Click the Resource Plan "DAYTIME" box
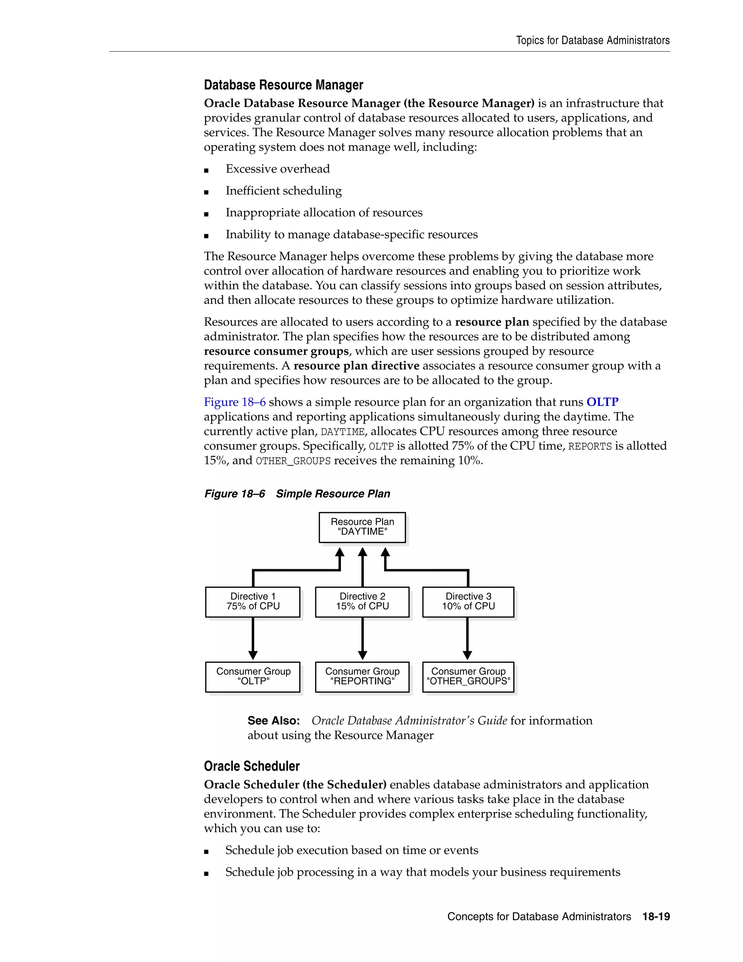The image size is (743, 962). pyautogui.click(x=362, y=527)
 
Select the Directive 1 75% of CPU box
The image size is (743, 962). pyautogui.click(x=253, y=602)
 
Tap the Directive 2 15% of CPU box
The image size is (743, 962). pyautogui.click(x=362, y=602)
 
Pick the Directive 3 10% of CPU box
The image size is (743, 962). pyautogui.click(x=468, y=602)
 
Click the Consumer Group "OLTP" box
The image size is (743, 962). pyautogui.click(x=253, y=677)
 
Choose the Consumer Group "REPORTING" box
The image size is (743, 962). pyautogui.click(x=362, y=677)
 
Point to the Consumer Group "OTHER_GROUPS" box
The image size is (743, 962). pyautogui.click(x=468, y=677)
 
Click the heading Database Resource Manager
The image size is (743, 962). pyautogui.click(x=283, y=85)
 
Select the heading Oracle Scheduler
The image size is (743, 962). pyautogui.click(x=251, y=766)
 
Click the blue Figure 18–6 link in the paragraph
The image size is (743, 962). pyautogui.click(x=235, y=402)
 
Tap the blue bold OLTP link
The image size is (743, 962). pyautogui.click(x=602, y=402)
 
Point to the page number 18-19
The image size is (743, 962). pyautogui.click(x=656, y=917)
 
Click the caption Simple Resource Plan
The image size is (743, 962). pyautogui.click(x=333, y=494)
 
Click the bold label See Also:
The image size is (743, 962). pyautogui.click(x=273, y=721)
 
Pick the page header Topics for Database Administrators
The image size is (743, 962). pyautogui.click(x=592, y=41)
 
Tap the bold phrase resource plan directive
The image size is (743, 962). pyautogui.click(x=356, y=366)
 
